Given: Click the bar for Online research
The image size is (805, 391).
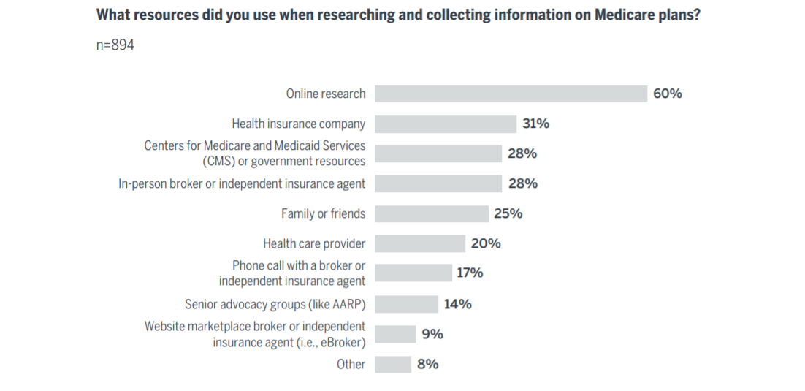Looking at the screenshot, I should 511,94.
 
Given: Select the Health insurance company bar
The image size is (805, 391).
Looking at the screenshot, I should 446,124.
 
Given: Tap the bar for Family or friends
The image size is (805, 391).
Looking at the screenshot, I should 432,213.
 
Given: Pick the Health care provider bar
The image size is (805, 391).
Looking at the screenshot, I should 420,243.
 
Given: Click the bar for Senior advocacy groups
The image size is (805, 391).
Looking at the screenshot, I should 407,304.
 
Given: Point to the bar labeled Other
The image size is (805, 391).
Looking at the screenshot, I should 393,364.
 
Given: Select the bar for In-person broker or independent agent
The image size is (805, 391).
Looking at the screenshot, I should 438,183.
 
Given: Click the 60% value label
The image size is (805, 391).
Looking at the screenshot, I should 668,94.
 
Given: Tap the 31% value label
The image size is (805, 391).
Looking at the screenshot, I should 535,124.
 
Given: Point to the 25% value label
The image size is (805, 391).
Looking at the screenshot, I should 508,213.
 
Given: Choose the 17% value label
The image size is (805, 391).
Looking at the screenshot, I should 470,273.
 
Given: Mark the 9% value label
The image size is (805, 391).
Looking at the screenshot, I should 432,334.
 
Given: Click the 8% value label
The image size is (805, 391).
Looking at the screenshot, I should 428,364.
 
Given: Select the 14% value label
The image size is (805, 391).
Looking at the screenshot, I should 457,304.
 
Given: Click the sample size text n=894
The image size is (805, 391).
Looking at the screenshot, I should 115,45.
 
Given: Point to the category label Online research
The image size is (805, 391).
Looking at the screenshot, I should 326,94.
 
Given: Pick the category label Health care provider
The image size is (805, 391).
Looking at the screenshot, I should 314,243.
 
